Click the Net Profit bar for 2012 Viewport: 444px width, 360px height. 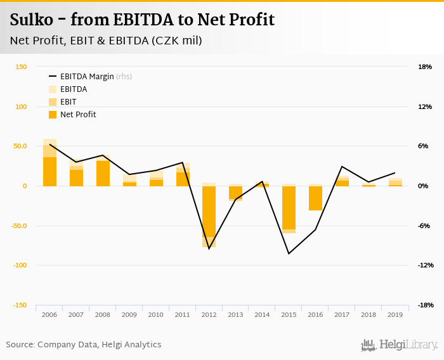[209, 211]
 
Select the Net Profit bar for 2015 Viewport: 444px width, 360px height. [289, 207]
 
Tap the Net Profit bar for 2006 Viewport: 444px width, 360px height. [49, 171]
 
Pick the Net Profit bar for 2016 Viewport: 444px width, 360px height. [316, 198]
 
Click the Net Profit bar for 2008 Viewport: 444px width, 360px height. [103, 173]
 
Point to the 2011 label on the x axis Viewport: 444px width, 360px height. [183, 314]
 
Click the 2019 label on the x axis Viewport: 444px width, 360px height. [396, 314]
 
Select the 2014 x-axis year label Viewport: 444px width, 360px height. [263, 314]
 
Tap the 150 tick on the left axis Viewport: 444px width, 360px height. [21, 67]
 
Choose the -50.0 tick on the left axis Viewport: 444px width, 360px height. [18, 226]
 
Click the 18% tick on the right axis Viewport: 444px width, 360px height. [424, 67]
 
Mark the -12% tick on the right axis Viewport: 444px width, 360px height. [424, 265]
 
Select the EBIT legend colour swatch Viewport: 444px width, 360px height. [53, 101]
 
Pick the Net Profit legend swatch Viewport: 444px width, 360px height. [53, 114]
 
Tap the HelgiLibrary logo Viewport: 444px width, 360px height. [400, 345]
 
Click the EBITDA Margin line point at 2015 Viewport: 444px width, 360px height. [289, 254]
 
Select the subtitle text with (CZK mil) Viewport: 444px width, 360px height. [106, 41]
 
